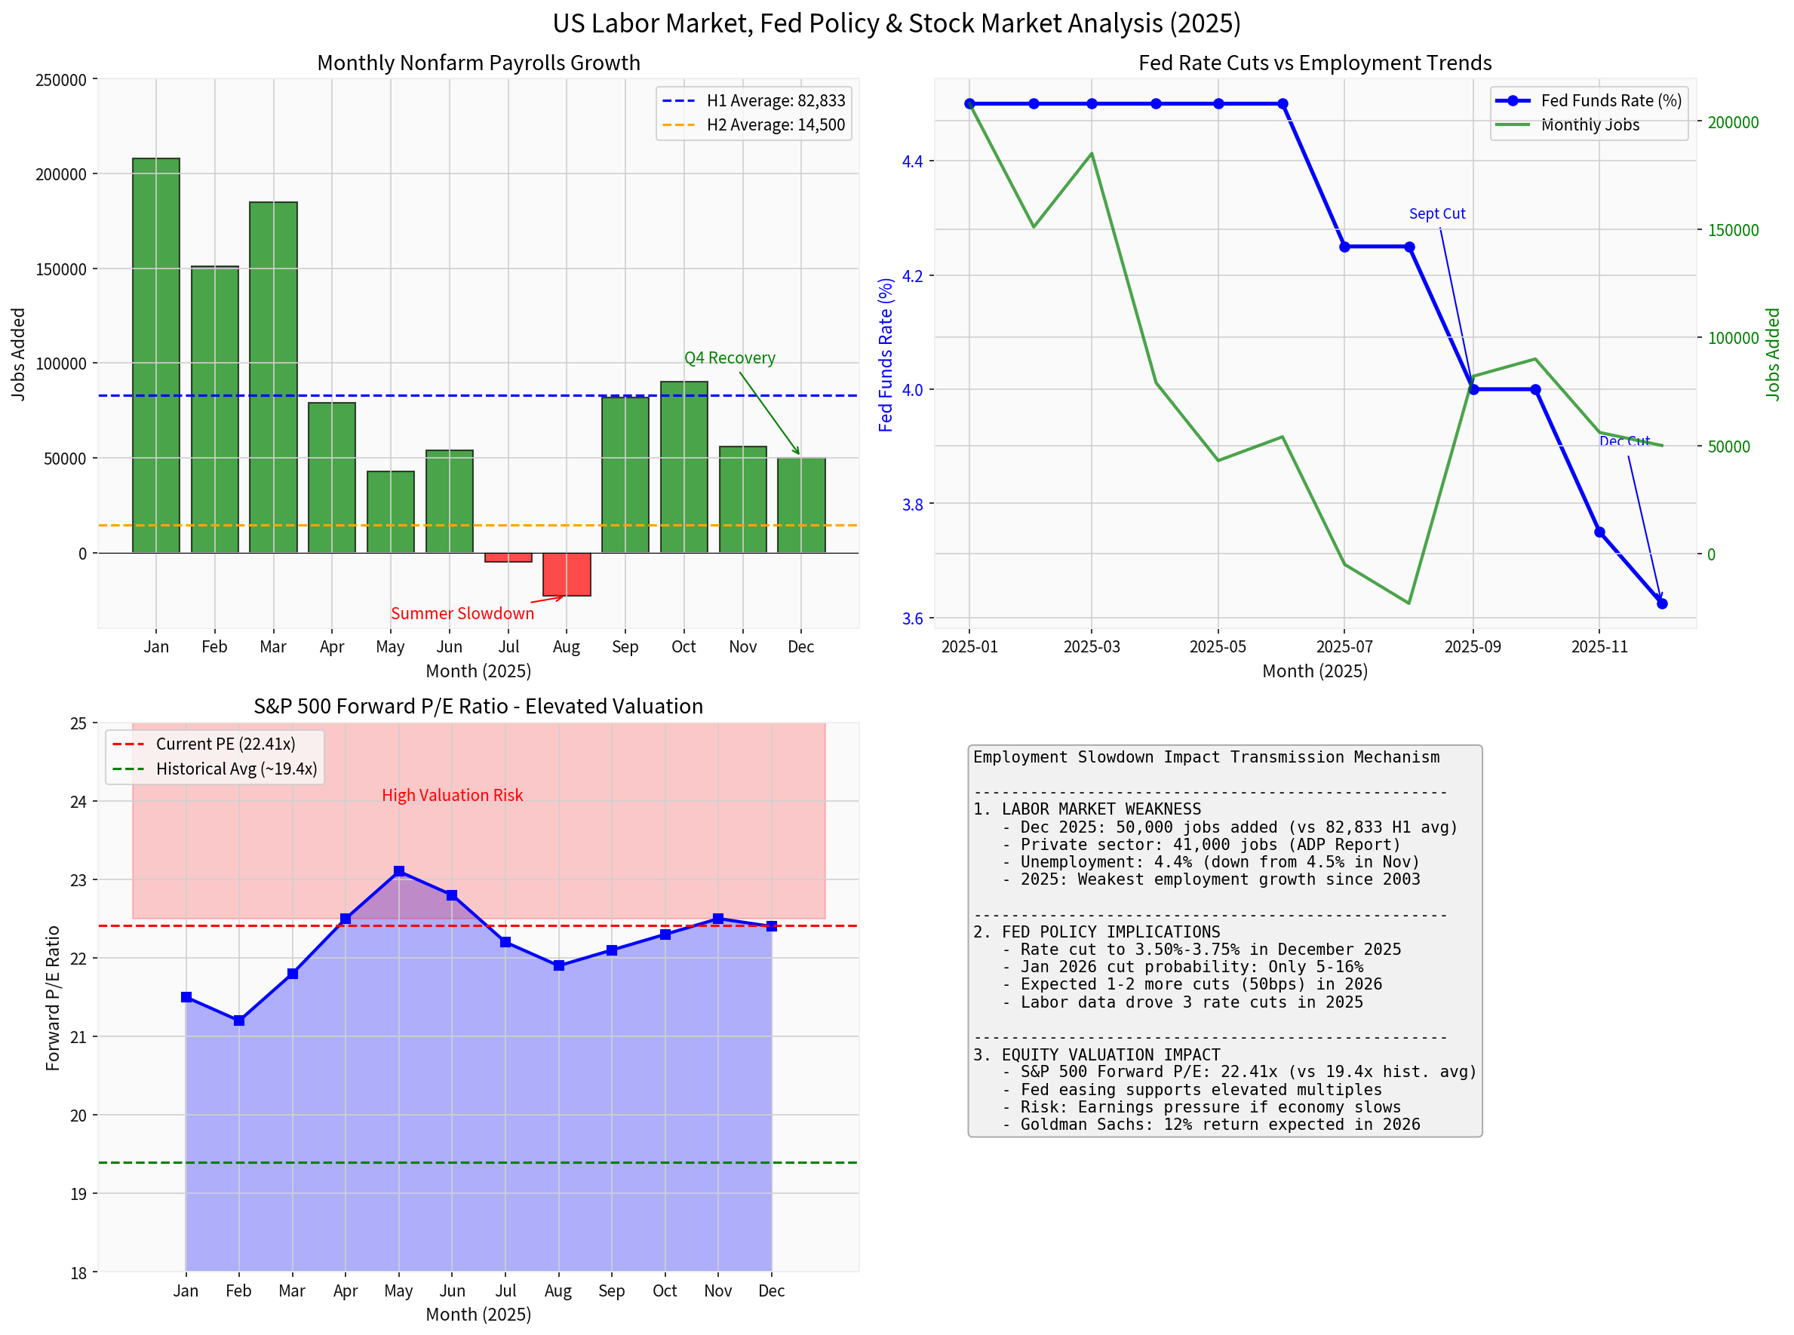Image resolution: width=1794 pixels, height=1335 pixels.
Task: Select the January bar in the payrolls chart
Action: tap(156, 355)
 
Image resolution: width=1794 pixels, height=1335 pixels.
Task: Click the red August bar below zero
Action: tap(567, 575)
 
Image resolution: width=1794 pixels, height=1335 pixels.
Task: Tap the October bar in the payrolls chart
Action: tap(684, 467)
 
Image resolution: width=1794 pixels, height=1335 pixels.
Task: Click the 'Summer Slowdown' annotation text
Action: tap(462, 613)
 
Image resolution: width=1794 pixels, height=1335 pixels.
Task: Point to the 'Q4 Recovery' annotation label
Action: tap(730, 358)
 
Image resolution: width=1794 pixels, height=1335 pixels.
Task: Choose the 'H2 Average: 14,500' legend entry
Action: tap(775, 125)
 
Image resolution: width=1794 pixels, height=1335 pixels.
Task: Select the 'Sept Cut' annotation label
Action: tap(1437, 214)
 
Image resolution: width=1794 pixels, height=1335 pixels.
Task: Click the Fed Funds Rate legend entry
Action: tap(1611, 101)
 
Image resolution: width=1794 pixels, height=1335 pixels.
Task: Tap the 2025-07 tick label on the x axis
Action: tap(1344, 647)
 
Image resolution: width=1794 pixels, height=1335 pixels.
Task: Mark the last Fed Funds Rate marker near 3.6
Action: tap(1662, 603)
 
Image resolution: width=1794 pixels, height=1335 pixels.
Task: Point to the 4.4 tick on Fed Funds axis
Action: tap(912, 161)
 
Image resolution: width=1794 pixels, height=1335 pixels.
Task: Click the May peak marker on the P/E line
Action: tap(399, 871)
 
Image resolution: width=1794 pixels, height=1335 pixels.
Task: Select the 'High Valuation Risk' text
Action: tap(453, 795)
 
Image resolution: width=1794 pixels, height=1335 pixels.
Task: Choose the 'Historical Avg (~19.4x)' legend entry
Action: tap(236, 769)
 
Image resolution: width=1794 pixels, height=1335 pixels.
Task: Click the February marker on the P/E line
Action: tap(239, 1020)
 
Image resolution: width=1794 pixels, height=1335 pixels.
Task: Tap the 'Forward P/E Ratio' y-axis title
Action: tap(54, 998)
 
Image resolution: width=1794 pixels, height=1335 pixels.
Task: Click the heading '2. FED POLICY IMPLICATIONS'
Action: tap(1097, 931)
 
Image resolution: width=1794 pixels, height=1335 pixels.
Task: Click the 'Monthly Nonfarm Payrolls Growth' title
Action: tap(478, 63)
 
